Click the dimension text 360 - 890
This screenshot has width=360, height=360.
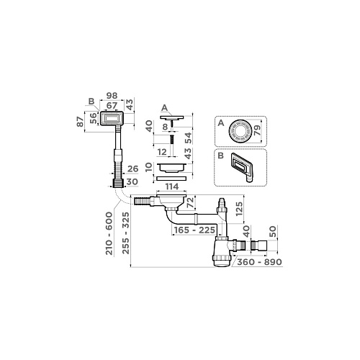(x=257, y=262)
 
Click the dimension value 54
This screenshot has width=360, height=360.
(x=189, y=137)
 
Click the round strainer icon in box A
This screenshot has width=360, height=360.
(x=238, y=132)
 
